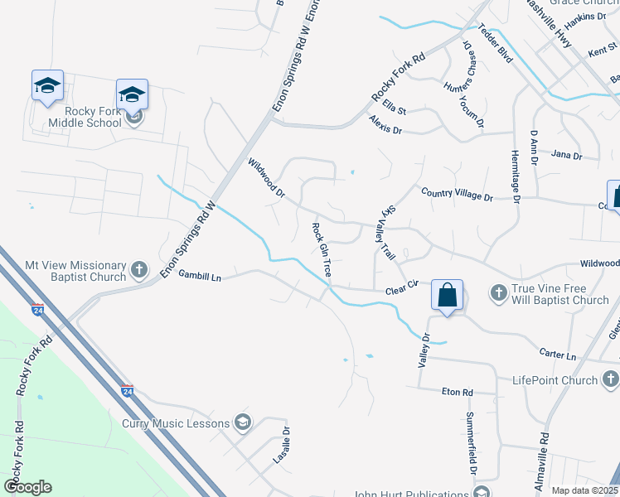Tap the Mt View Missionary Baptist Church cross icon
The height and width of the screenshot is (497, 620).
pos(139,269)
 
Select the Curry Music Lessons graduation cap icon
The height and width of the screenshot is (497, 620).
pos(243,423)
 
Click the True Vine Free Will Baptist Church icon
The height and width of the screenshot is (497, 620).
pos(499,292)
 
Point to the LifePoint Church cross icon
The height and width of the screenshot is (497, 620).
pos(610,380)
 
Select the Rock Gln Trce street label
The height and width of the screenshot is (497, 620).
pos(322,249)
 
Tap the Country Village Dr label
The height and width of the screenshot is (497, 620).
pos(457,195)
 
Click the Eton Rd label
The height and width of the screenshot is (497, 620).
pos(457,392)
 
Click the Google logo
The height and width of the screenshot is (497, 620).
pos(27,487)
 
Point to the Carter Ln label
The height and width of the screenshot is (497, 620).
pos(559,355)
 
